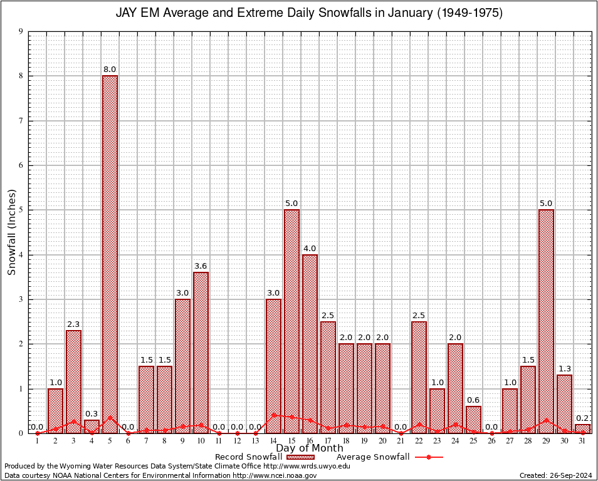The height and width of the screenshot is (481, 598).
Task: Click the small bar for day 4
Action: coord(92,426)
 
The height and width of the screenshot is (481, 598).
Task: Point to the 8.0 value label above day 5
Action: coord(110,69)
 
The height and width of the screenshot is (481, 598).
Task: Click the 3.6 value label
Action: coord(201,266)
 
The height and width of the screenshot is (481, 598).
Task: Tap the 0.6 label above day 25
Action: coord(473,400)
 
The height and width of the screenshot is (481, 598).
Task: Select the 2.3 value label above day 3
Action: coord(73,324)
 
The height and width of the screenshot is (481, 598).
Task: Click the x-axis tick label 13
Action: coord(255,441)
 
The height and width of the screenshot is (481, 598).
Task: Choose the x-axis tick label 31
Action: coord(582,441)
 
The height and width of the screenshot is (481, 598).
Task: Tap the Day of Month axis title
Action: coord(310,448)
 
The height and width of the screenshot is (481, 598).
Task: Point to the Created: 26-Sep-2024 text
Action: coord(555,475)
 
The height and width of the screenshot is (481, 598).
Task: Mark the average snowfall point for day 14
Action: coord(273,415)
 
